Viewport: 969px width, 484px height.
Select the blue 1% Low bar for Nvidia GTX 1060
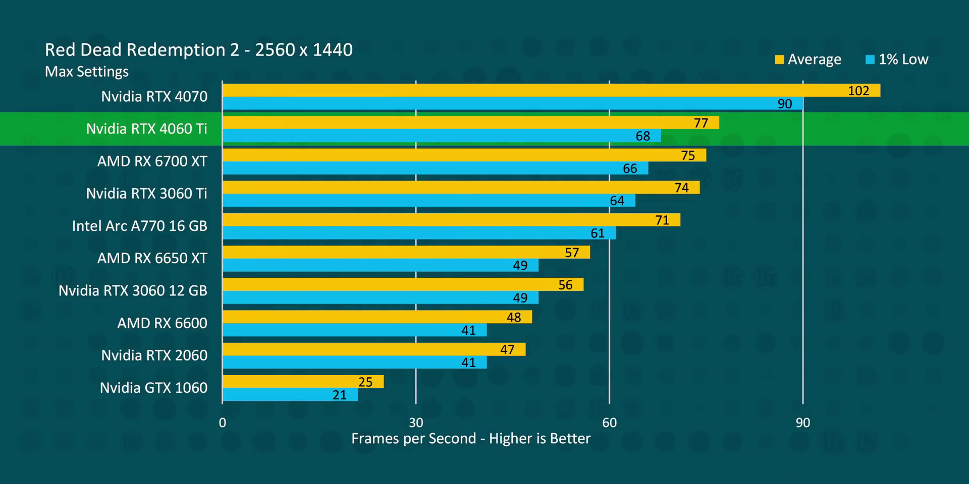point(290,395)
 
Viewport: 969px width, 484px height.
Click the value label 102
point(858,91)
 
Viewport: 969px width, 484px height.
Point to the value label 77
point(701,123)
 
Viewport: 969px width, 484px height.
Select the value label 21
point(340,395)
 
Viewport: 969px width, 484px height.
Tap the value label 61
point(597,233)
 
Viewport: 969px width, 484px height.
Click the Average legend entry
point(809,59)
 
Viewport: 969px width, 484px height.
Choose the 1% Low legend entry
point(897,59)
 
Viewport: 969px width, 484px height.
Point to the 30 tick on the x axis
point(416,422)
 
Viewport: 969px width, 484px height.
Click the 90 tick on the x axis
point(802,422)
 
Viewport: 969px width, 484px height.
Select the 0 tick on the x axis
point(223,422)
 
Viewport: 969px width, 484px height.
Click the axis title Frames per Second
point(470,439)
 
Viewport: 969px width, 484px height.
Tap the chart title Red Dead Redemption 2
point(198,50)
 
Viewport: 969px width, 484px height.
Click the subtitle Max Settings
point(87,72)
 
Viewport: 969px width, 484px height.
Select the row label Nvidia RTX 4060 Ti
point(146,129)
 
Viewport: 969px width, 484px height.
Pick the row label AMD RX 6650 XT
point(152,258)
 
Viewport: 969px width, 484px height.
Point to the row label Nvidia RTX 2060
point(154,355)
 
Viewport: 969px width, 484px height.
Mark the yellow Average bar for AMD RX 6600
point(377,317)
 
